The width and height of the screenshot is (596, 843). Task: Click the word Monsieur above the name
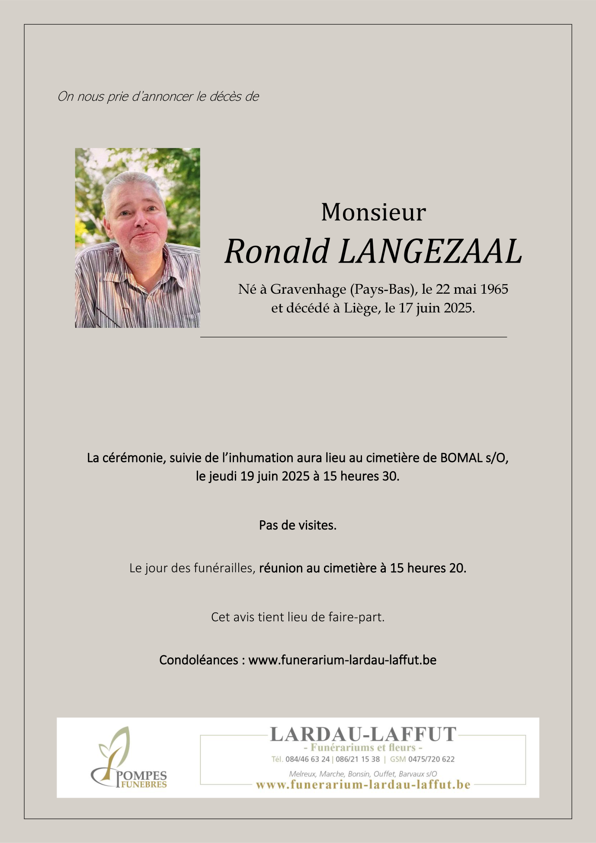click(x=373, y=212)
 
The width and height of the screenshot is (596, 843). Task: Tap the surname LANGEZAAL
click(x=430, y=251)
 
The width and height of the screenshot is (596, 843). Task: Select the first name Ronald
click(x=277, y=251)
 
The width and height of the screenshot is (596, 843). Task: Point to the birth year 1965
click(x=494, y=289)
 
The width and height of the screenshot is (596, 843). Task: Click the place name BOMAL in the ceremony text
click(x=460, y=458)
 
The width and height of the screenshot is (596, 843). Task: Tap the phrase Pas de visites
click(x=298, y=525)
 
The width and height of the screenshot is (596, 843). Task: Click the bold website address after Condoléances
click(x=342, y=660)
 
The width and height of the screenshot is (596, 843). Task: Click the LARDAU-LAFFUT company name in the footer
click(x=363, y=734)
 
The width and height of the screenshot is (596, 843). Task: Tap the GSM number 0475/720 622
click(x=431, y=759)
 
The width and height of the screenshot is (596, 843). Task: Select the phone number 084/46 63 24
click(x=308, y=759)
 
